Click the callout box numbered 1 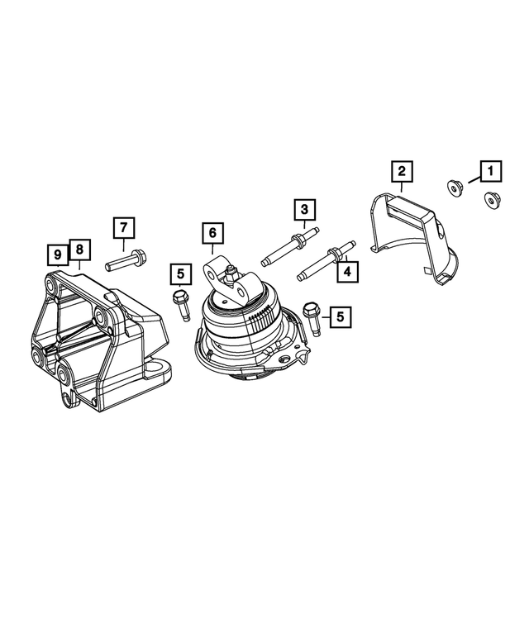490,172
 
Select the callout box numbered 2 402,172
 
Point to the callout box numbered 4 347,270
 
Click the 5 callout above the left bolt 179,273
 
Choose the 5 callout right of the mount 340,315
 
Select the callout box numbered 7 122,227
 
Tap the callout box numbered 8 79,250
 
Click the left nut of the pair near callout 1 453,188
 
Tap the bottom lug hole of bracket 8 67,402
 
